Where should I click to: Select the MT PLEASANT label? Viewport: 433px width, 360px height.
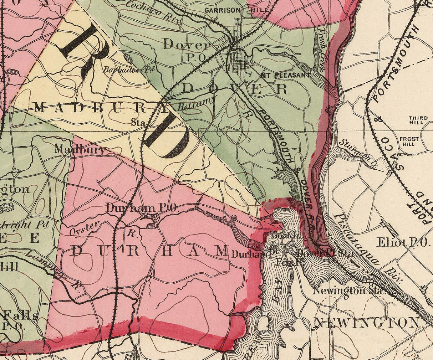point(285,75)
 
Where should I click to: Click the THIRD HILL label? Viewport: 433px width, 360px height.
point(416,120)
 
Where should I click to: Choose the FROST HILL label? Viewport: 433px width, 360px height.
point(407,142)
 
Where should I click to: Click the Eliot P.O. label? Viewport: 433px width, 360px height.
point(403,242)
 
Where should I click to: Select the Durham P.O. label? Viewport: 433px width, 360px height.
point(142,208)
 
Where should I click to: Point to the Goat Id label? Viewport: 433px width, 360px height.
point(282,236)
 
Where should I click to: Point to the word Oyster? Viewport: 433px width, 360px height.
point(83,227)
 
